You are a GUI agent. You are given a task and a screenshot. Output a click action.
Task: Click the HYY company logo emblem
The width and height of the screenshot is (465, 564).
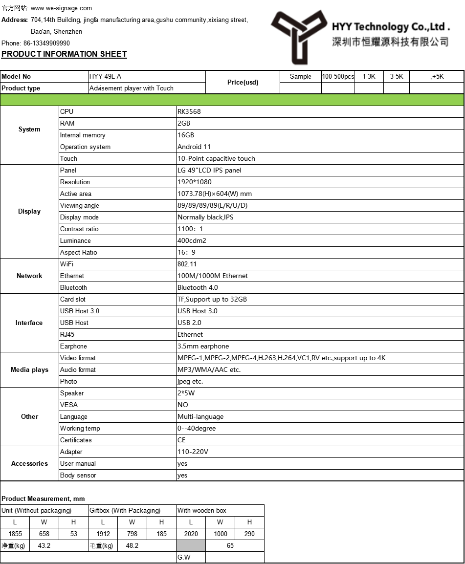coord(298,36)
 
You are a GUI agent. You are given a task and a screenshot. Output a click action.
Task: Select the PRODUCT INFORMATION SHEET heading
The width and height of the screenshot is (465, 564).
coord(64,54)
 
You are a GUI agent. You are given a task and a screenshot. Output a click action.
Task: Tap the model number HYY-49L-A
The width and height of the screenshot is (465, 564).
coord(105,76)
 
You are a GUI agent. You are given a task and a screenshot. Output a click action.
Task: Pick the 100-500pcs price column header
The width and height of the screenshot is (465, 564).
coord(338,76)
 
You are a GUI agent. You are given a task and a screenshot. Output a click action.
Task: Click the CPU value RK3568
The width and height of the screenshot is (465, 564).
coord(189,111)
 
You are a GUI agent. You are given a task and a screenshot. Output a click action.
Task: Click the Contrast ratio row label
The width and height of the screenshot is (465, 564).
coord(79,229)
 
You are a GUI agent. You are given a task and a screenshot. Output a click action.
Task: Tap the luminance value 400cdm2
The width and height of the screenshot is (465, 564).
coord(192,240)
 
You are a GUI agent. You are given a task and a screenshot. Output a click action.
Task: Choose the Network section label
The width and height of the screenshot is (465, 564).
coord(29,276)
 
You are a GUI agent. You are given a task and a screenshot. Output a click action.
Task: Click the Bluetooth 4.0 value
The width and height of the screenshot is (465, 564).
coord(198,287)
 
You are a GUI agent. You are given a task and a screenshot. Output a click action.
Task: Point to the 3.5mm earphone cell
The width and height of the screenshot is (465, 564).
coord(203,346)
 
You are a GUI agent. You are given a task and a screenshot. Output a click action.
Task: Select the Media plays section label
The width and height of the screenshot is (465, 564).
coord(29,369)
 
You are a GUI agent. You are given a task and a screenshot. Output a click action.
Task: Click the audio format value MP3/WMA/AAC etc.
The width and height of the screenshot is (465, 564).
coord(209,369)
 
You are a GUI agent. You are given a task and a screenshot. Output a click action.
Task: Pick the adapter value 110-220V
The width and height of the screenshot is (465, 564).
coord(193,452)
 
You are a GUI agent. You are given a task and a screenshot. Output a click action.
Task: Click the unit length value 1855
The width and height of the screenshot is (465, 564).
coord(15,534)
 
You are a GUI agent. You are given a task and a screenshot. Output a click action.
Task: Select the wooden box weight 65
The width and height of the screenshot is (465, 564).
coord(230,545)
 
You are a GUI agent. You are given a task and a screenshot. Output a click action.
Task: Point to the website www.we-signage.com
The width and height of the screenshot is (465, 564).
coord(61,8)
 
